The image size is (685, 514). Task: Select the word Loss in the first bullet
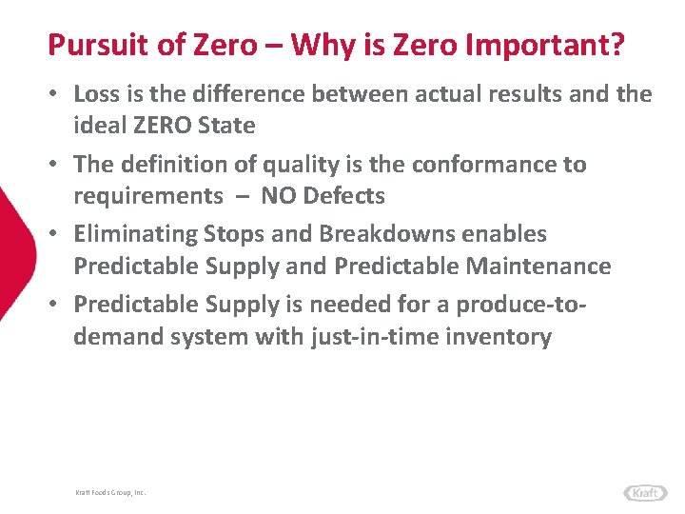pyautogui.click(x=95, y=93)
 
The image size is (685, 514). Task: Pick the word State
pyautogui.click(x=231, y=125)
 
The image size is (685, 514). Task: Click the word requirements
pyautogui.click(x=147, y=196)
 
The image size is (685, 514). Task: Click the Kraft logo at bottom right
pyautogui.click(x=645, y=492)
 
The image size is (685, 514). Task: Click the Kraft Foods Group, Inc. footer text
pyautogui.click(x=110, y=492)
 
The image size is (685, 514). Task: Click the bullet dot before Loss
pyautogui.click(x=57, y=94)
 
